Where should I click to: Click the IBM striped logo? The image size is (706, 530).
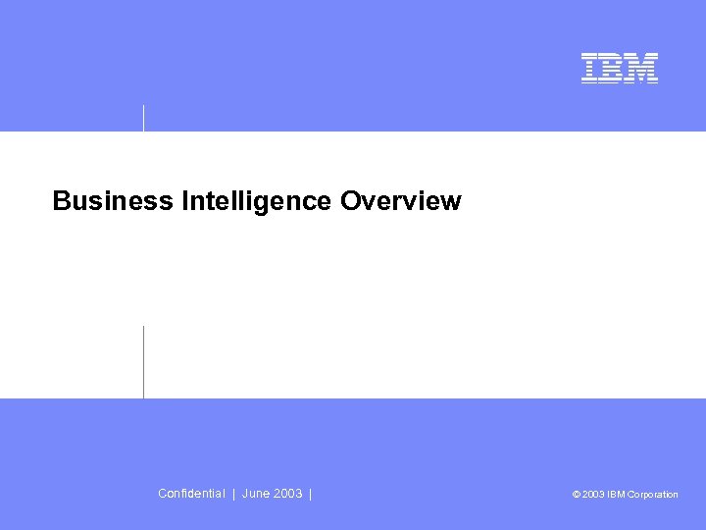pos(620,68)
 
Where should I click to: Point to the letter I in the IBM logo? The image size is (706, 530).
pos(590,68)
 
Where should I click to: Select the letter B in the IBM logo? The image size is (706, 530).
pos(613,68)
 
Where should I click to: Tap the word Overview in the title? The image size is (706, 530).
pos(400,201)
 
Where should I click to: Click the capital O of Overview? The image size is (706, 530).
pos(350,201)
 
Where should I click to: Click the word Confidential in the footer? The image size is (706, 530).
pos(191,494)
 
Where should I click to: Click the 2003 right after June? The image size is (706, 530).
pos(287,494)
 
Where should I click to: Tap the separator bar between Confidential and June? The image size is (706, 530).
pos(233,494)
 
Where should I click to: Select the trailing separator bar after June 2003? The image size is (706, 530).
pos(310,494)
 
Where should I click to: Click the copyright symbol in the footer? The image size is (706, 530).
pos(577,495)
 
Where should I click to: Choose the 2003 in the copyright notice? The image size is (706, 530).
pos(593,495)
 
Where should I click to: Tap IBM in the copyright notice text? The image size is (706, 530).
pos(616,495)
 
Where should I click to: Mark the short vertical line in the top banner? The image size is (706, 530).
pos(144,117)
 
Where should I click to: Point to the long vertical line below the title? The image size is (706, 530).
pos(144,361)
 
